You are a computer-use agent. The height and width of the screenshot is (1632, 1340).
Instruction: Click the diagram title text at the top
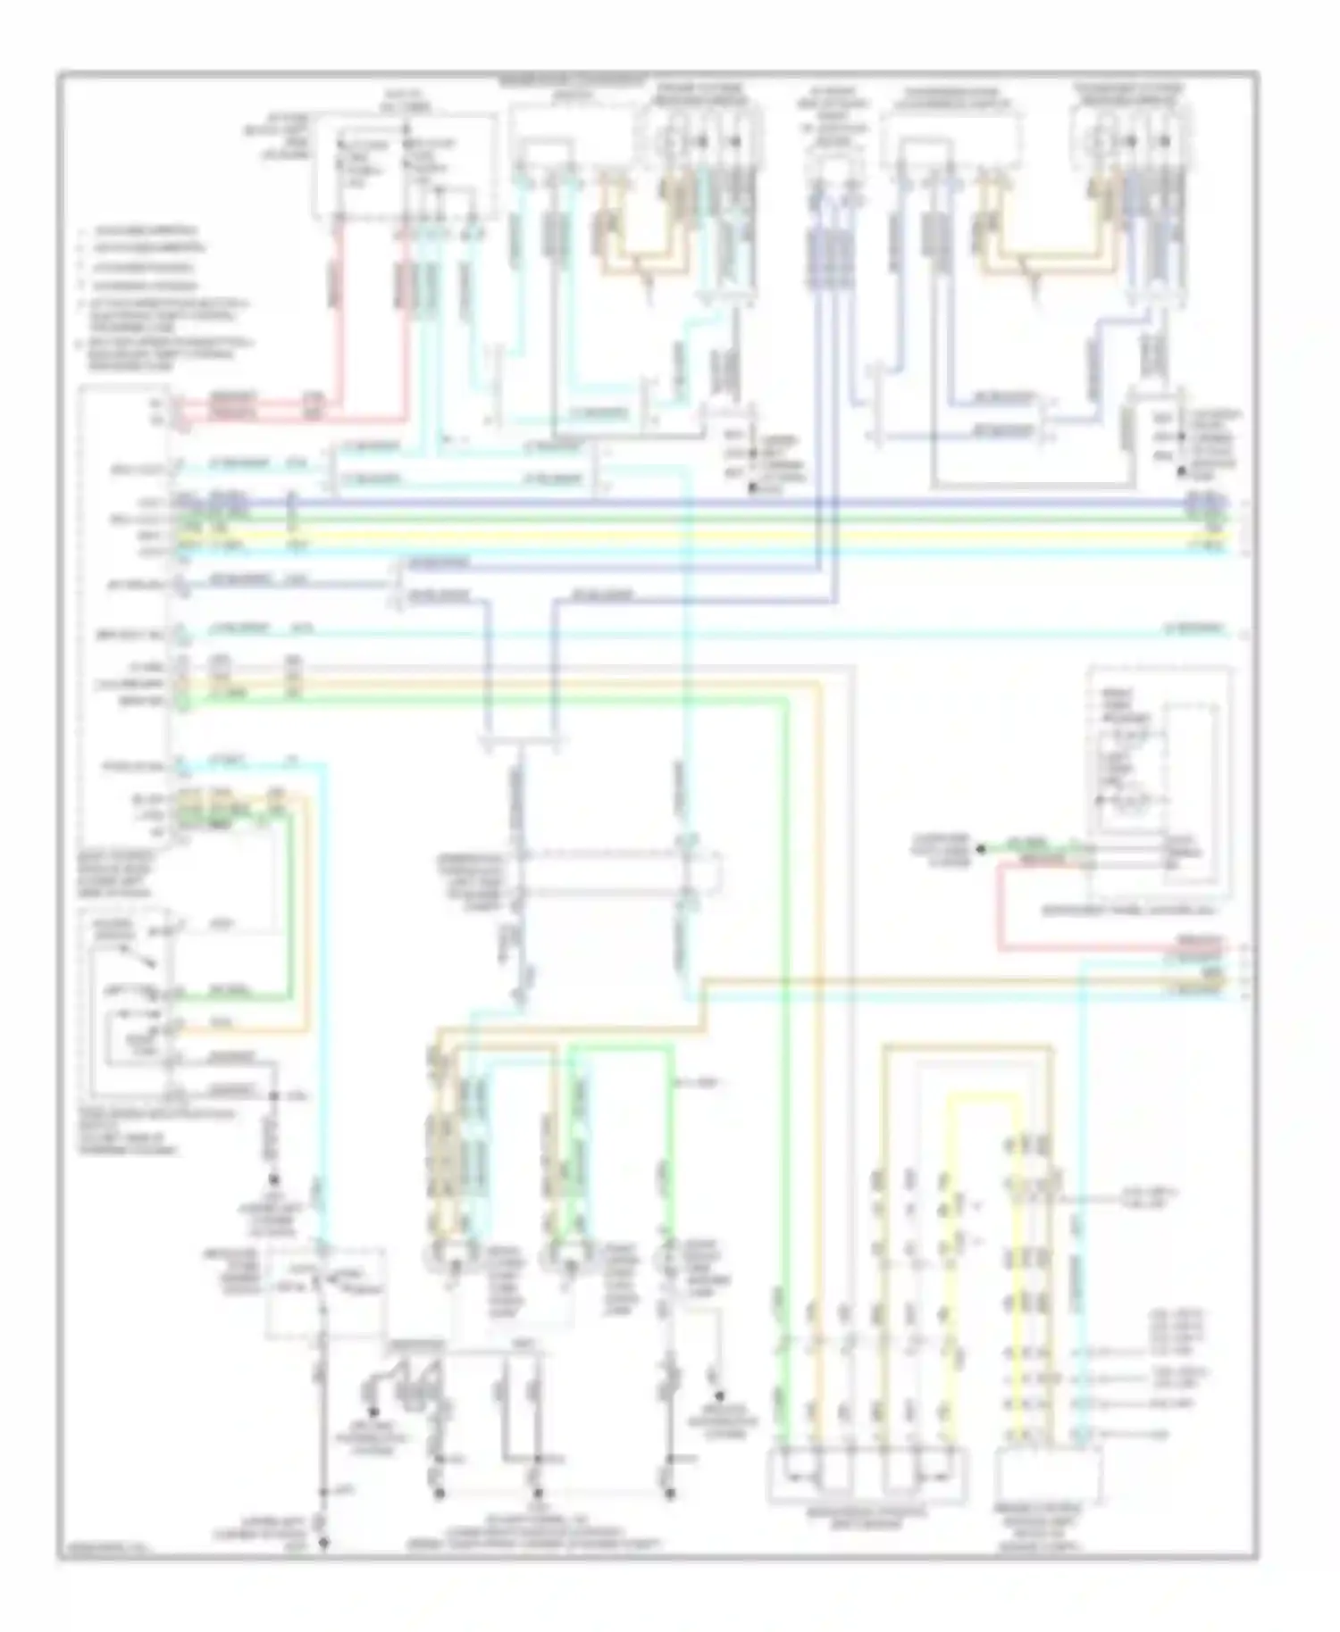[573, 79]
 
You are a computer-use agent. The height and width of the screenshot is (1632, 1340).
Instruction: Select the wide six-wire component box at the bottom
[867, 1475]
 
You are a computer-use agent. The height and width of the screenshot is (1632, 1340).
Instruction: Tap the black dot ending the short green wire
[980, 848]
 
